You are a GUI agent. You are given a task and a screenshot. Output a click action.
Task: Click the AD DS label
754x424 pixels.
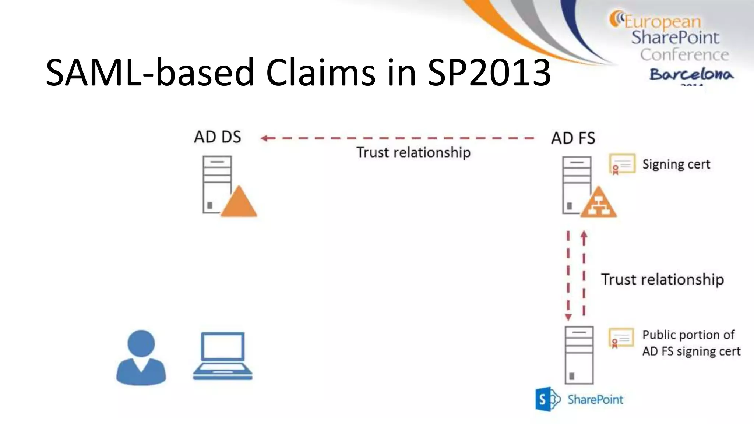217,137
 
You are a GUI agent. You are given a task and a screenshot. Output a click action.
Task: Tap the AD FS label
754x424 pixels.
573,138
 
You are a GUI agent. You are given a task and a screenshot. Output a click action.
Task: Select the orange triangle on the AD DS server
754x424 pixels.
239,204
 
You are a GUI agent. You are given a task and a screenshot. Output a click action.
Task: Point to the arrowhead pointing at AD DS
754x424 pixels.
264,138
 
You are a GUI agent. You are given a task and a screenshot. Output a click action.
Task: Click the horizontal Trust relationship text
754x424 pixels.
413,152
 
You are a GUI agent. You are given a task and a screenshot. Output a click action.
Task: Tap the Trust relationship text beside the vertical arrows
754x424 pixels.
662,279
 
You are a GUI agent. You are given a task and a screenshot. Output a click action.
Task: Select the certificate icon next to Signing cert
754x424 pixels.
622,164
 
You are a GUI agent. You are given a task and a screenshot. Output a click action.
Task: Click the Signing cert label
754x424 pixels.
676,164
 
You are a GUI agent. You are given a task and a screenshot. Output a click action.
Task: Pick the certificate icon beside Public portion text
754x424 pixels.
621,338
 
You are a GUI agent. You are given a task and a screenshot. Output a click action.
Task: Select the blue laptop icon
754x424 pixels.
223,356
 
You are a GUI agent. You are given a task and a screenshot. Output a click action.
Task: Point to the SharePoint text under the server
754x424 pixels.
595,400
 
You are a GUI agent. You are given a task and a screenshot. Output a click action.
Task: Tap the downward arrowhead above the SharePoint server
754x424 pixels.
568,317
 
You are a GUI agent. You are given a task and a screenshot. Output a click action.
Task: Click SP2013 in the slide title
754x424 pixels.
489,72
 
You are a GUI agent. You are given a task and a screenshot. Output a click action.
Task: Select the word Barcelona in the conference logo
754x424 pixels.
691,74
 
